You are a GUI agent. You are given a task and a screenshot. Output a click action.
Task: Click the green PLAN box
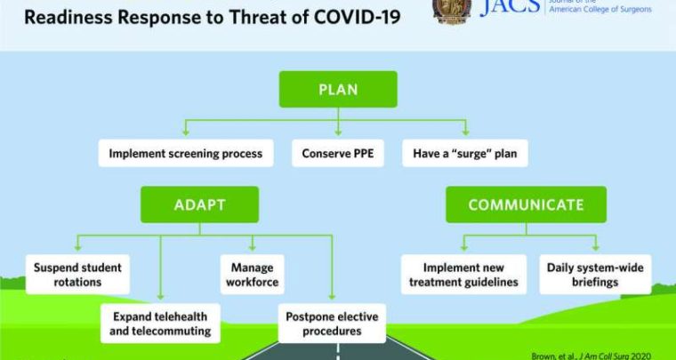pos(338,90)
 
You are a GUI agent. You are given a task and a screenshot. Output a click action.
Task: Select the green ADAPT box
pos(199,204)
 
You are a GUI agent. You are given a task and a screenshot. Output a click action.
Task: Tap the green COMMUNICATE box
pos(526,204)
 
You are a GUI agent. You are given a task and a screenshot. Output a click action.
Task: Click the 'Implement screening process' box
pos(186,153)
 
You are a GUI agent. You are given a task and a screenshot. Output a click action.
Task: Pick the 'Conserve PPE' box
pos(337,153)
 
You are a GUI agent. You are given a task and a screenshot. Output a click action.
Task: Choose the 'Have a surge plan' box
pos(464,153)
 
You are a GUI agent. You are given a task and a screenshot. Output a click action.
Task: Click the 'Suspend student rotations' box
pos(78,275)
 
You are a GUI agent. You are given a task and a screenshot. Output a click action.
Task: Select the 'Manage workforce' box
pos(253,275)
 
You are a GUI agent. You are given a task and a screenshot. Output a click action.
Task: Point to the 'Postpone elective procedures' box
pos(331,324)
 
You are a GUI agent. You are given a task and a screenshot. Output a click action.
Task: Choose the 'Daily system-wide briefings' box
pos(595,275)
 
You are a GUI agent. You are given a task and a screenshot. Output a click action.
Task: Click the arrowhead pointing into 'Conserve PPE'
pos(338,134)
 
